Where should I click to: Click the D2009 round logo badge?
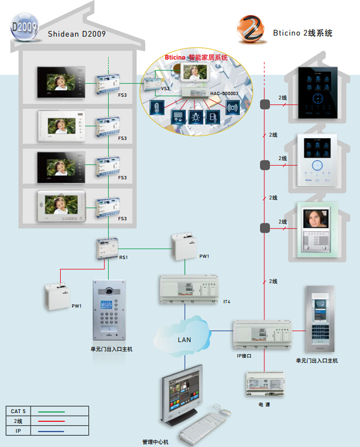pos(24,27)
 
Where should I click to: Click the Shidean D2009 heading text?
pos(76,34)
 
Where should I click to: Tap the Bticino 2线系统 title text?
pos(303,33)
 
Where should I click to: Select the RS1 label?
pos(123,257)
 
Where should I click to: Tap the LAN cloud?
pos(185,339)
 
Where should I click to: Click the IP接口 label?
pos(244,355)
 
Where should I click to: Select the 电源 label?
pos(264,404)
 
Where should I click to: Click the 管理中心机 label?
pos(156,442)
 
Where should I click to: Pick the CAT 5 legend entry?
pos(19,411)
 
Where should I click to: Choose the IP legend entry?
pos(19,431)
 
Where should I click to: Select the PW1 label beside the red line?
pos(76,306)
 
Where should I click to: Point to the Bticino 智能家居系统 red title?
pos(196,57)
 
